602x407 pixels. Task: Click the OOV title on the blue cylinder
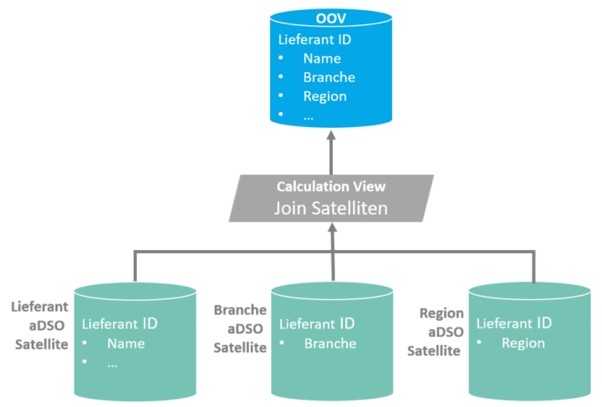coord(332,18)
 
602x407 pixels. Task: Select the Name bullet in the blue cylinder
coord(322,59)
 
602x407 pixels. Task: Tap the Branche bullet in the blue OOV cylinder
coord(329,77)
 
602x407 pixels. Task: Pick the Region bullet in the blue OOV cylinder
coord(324,96)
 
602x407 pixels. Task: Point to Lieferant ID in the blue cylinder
coord(314,39)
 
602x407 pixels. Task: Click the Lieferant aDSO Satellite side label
coord(40,326)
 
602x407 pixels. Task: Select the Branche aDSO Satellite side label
coord(240,328)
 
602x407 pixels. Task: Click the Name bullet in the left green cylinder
coord(125,343)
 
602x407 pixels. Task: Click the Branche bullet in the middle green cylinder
coord(329,343)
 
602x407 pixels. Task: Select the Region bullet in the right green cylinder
coord(523,343)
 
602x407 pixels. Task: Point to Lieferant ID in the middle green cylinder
coord(317,323)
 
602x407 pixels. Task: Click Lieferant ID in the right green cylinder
coord(513,323)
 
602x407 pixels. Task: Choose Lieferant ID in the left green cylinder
coord(120,323)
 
